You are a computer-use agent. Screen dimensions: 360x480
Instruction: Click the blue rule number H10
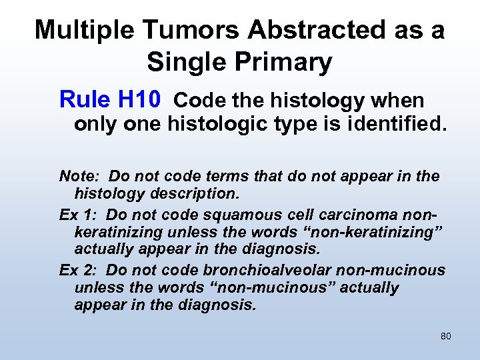coord(139,100)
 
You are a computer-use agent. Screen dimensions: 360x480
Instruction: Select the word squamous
coord(257,214)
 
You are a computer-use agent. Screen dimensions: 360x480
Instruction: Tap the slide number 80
coord(445,336)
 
